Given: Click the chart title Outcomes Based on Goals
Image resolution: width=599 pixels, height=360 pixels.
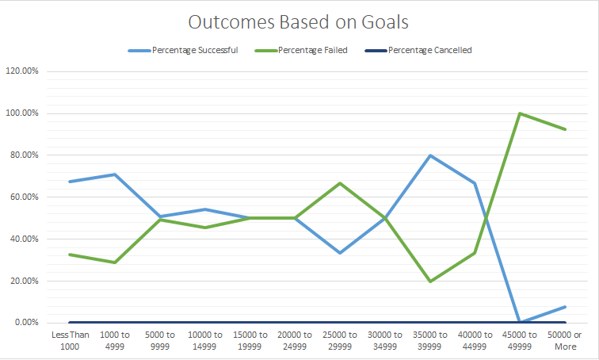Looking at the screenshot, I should point(299,21).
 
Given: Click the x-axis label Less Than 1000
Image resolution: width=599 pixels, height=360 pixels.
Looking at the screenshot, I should point(69,340).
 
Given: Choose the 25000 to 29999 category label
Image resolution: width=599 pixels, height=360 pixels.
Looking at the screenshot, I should point(339,340).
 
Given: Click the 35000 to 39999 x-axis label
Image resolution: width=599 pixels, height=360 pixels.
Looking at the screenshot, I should point(429,340).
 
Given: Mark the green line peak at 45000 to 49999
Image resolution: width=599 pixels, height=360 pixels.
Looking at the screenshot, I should point(519,113).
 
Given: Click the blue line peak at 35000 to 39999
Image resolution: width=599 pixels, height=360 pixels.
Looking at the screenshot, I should point(429,155).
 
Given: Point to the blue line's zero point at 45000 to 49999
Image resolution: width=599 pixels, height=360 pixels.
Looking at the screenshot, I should point(519,322).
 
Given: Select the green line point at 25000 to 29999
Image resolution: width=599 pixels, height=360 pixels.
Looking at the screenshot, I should point(339,183).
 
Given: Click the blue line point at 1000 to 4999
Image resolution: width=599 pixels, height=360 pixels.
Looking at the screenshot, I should point(115,174).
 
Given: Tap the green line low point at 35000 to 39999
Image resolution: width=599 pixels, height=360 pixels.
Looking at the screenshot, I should point(429,281).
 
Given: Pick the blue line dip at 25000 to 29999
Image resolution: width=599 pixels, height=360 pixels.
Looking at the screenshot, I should point(339,253).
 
